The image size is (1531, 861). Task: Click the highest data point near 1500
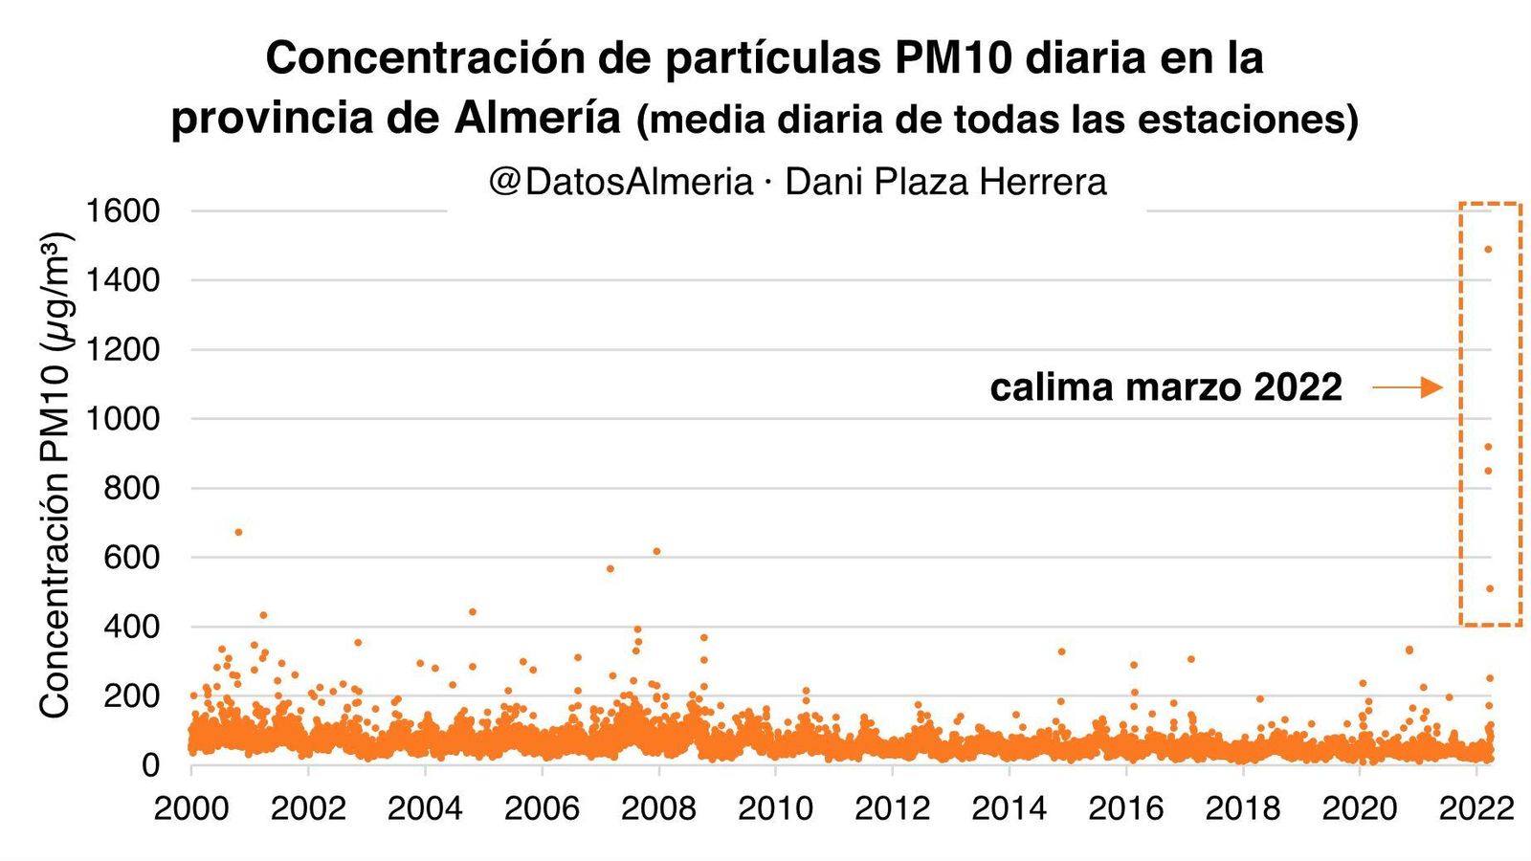click(x=1488, y=250)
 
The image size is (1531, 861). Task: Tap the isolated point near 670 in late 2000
click(x=238, y=532)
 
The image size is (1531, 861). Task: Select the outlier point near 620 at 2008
click(x=656, y=551)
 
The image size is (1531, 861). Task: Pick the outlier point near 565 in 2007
click(x=610, y=569)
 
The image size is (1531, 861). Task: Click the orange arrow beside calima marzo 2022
click(x=1407, y=387)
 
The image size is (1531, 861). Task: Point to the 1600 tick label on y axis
click(x=122, y=210)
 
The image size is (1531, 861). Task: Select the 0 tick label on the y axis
click(x=150, y=765)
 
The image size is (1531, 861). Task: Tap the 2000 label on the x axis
click(x=191, y=808)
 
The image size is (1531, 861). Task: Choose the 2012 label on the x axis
click(x=892, y=808)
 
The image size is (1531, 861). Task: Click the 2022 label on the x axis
click(x=1476, y=808)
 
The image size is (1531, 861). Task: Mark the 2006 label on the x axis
click(x=542, y=808)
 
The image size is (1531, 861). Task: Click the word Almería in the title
click(x=537, y=119)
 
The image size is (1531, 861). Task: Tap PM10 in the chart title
click(x=953, y=58)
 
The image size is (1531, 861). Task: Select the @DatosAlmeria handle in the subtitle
click(x=620, y=182)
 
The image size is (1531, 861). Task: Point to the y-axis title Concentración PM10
click(x=55, y=474)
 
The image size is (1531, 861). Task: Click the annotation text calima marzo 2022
click(x=1165, y=387)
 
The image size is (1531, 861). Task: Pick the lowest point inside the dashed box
click(x=1490, y=588)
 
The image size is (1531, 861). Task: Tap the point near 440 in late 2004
click(x=472, y=611)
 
